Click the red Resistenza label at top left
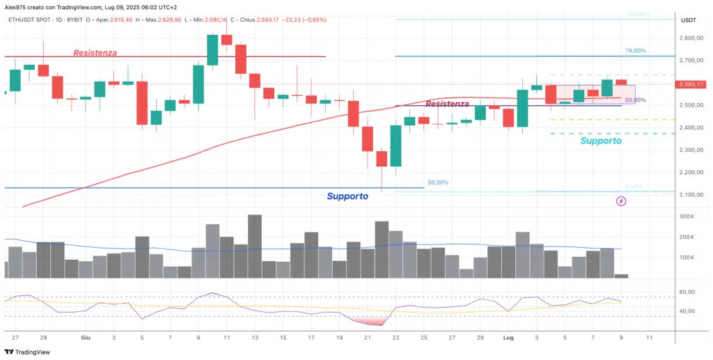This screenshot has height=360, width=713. [95, 52]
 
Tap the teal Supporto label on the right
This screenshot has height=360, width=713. [601, 141]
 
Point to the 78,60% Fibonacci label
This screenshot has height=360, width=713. [634, 51]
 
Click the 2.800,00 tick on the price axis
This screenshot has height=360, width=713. [694, 38]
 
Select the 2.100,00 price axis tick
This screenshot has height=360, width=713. [694, 194]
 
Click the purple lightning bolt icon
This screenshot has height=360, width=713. [621, 201]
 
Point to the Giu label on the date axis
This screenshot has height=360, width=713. [86, 337]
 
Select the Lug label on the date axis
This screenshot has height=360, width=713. [508, 337]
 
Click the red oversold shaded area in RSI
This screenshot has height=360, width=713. [369, 321]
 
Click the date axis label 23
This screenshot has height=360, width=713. [395, 337]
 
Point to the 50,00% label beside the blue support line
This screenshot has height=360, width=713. [438, 182]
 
